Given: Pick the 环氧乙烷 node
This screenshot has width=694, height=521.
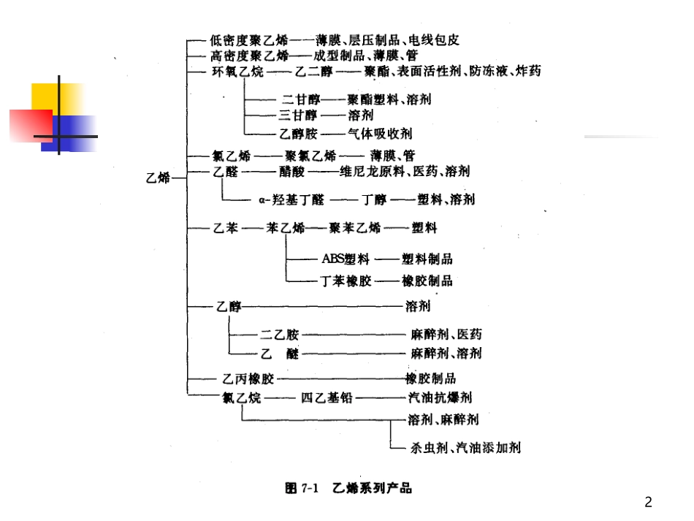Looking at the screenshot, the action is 235,72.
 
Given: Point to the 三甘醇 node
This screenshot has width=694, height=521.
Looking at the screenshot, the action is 298,115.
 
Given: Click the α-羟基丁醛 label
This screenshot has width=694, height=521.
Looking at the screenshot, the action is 291,199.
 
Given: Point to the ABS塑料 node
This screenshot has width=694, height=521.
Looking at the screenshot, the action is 345,259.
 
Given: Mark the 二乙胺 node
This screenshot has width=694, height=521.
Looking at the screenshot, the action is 279,335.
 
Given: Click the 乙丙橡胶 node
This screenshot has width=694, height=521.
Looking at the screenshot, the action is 248,379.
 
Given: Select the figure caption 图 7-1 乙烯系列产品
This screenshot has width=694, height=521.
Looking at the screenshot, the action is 348,487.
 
